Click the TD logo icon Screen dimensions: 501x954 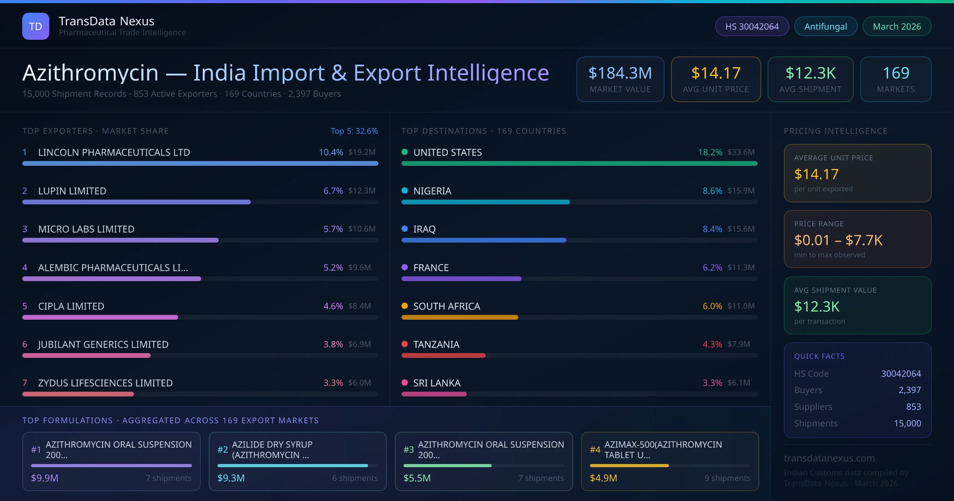pyautogui.click(x=36, y=26)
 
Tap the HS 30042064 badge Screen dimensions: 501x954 pyautogui.click(x=752, y=26)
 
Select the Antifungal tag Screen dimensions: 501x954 pyautogui.click(x=826, y=26)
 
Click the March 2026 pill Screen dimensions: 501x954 pyautogui.click(x=897, y=26)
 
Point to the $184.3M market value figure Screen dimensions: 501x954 pyautogui.click(x=620, y=73)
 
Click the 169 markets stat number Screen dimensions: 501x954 pyautogui.click(x=896, y=73)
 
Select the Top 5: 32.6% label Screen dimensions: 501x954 pyautogui.click(x=354, y=131)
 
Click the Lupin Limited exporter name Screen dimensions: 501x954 pyautogui.click(x=72, y=191)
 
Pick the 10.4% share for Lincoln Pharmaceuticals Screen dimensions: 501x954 pyautogui.click(x=331, y=152)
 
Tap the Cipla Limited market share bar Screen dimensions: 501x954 pyautogui.click(x=100, y=317)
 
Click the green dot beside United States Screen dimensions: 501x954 pyautogui.click(x=405, y=152)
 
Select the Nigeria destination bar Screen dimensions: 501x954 pyautogui.click(x=485, y=202)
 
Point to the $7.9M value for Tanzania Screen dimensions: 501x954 pyautogui.click(x=739, y=344)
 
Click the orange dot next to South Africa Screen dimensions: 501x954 pyautogui.click(x=405, y=306)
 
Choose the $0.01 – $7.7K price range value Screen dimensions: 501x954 pyautogui.click(x=838, y=240)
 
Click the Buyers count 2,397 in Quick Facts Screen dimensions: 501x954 pyautogui.click(x=909, y=390)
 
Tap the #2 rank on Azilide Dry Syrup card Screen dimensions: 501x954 pyautogui.click(x=223, y=450)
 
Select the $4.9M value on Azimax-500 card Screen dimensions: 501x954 pyautogui.click(x=603, y=478)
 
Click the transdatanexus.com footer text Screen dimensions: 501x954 pyautogui.click(x=829, y=458)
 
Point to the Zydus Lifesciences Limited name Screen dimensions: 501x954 pyautogui.click(x=105, y=383)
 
